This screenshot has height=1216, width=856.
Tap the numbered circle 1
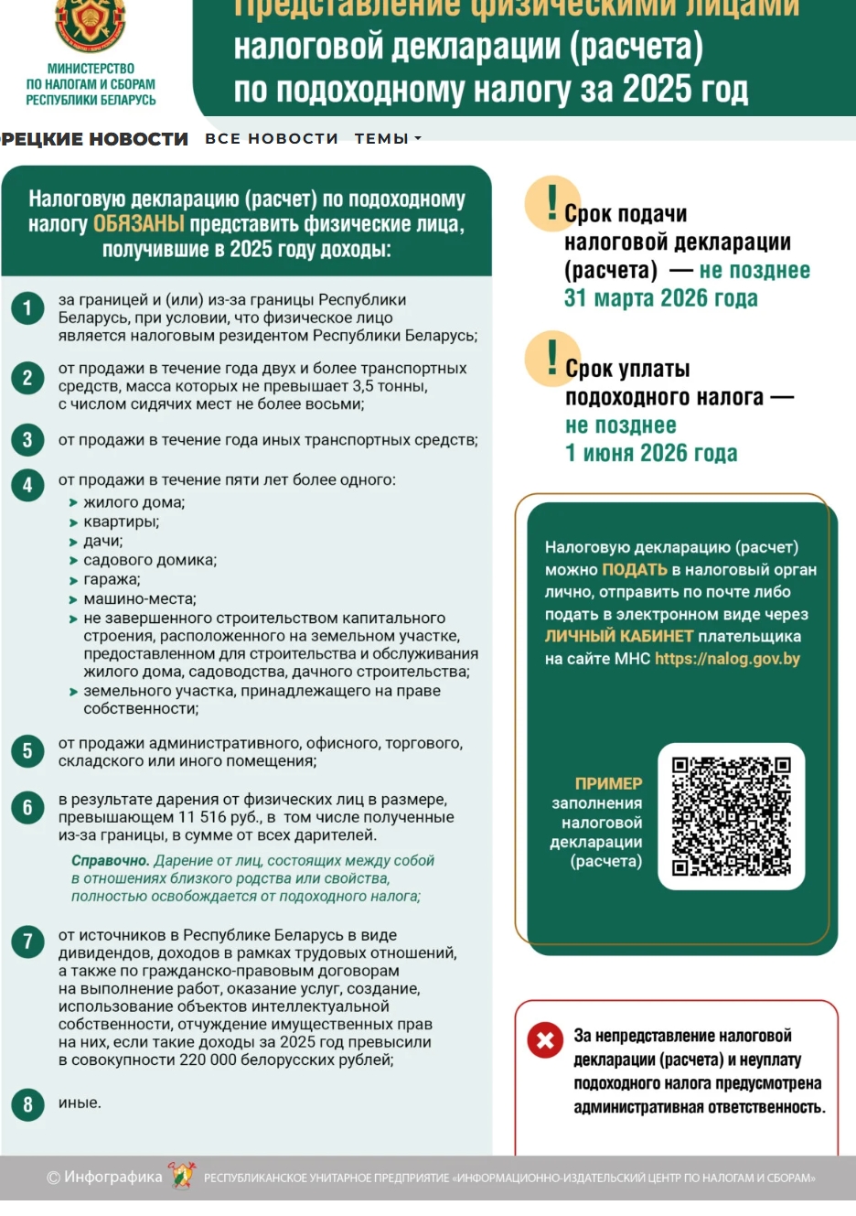pyautogui.click(x=27, y=308)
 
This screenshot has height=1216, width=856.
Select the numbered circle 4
pyautogui.click(x=27, y=485)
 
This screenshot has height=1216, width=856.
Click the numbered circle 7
pyautogui.click(x=27, y=941)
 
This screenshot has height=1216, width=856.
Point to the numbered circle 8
pyautogui.click(x=27, y=1104)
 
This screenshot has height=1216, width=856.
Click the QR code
pyautogui.click(x=731, y=816)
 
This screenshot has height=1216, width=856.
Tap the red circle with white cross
pyautogui.click(x=545, y=1039)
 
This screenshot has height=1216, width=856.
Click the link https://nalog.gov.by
pyautogui.click(x=727, y=659)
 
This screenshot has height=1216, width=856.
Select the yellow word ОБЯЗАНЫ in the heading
pyautogui.click(x=139, y=224)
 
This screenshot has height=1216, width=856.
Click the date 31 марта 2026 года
pyautogui.click(x=660, y=298)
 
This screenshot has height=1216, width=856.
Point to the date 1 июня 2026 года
pyautogui.click(x=651, y=453)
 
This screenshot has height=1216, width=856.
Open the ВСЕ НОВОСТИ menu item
pyautogui.click(x=271, y=139)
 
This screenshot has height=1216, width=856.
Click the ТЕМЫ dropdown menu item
pyautogui.click(x=388, y=139)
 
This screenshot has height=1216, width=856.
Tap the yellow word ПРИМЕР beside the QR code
pyautogui.click(x=608, y=783)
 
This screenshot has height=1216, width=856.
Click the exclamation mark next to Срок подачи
pyautogui.click(x=551, y=202)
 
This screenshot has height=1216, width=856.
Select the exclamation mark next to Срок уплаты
pyautogui.click(x=551, y=357)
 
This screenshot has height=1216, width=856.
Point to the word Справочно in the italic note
pyautogui.click(x=110, y=861)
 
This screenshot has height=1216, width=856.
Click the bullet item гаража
pyautogui.click(x=112, y=579)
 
